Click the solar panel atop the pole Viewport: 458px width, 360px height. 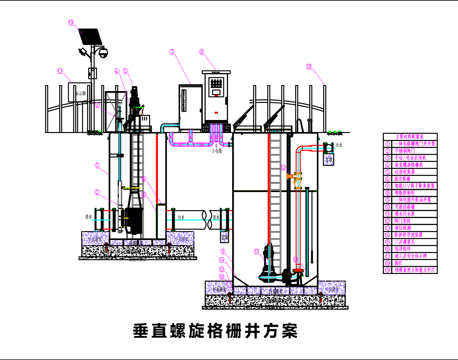[x=91, y=37]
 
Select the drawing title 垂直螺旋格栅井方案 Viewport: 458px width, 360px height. [x=215, y=331]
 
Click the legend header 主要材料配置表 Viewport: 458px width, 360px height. [x=409, y=137]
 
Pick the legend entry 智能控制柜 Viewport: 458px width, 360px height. [x=404, y=193]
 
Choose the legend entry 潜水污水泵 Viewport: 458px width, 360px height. [x=404, y=214]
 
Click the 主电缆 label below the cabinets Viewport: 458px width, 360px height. [x=217, y=151]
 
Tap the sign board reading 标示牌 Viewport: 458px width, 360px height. [x=80, y=93]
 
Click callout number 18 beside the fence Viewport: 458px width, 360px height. [x=309, y=66]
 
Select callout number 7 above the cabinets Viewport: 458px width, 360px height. [x=172, y=52]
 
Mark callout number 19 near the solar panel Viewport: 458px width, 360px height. [x=71, y=22]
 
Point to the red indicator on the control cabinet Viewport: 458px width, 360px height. [x=216, y=112]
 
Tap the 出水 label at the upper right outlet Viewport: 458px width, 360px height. [x=339, y=145]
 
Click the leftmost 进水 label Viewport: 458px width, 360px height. [x=88, y=217]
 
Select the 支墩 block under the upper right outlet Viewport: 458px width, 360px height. [x=329, y=160]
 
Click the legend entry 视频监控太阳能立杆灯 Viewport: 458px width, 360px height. [x=415, y=270]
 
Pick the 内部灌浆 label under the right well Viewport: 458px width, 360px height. [x=275, y=291]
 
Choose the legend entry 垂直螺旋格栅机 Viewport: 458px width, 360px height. [x=409, y=165]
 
